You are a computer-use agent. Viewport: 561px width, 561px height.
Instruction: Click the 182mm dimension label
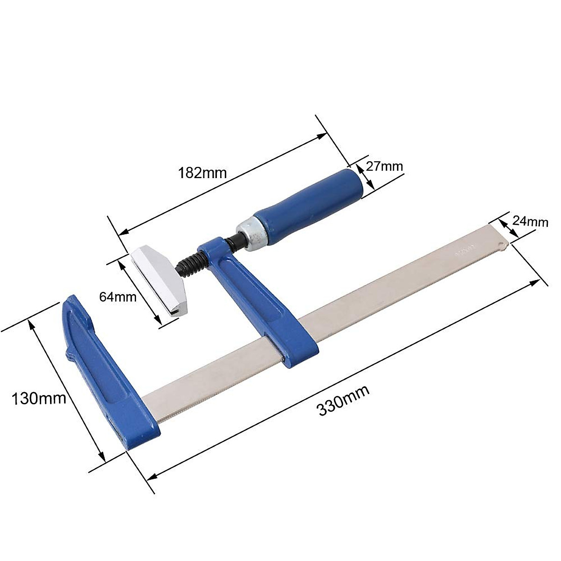(x=202, y=173)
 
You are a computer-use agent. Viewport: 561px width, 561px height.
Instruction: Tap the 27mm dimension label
(x=385, y=166)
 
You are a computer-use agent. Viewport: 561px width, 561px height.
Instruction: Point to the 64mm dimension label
(x=118, y=297)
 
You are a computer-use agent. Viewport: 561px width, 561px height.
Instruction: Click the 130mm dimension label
(x=39, y=398)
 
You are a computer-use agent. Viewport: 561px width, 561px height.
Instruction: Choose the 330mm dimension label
(x=344, y=401)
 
